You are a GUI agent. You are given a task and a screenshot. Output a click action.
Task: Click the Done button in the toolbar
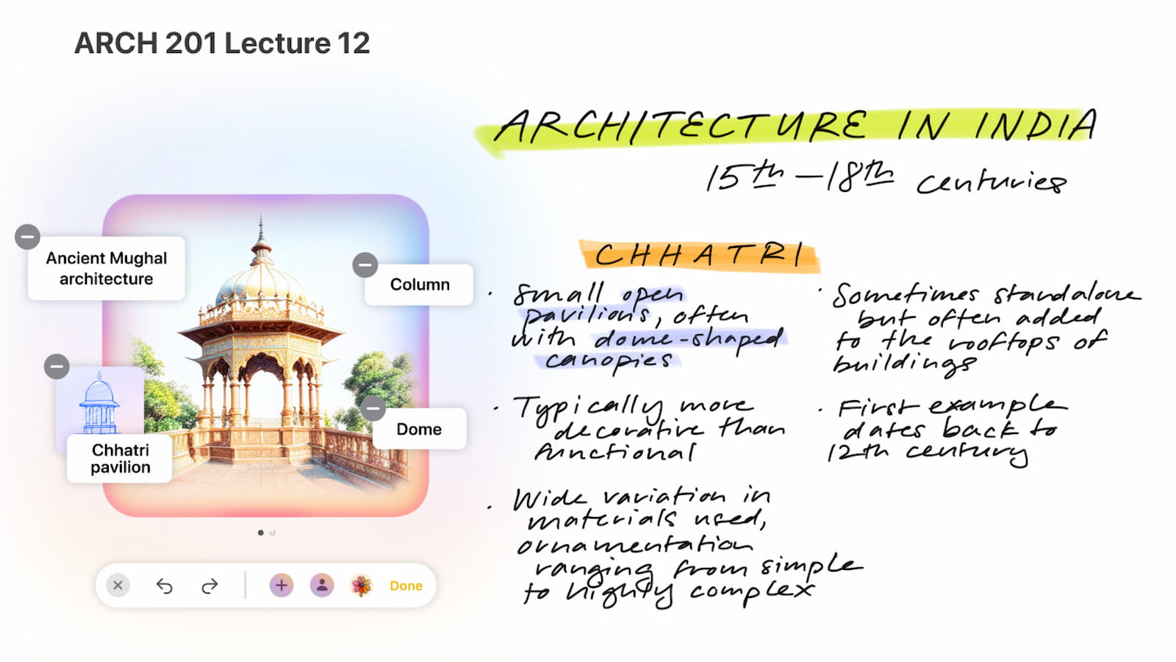[406, 586]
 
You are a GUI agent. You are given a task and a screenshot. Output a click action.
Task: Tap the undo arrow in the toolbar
[165, 586]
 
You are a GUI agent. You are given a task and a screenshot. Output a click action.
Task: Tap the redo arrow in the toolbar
[209, 586]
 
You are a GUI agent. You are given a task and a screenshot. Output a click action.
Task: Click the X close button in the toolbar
[118, 586]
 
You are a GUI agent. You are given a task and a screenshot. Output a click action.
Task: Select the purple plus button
[282, 586]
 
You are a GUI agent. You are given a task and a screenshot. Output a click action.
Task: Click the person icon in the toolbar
[322, 586]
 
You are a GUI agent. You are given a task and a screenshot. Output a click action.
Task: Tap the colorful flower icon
[361, 586]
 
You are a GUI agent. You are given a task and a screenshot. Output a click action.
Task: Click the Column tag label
[420, 284]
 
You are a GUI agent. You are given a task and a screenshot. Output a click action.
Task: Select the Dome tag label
[419, 429]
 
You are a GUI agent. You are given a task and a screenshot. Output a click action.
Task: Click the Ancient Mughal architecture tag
[106, 268]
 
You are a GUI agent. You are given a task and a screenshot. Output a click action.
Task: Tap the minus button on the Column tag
[365, 265]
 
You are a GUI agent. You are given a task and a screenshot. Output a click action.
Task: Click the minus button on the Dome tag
[373, 408]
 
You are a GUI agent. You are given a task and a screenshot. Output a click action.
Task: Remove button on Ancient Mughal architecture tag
[27, 237]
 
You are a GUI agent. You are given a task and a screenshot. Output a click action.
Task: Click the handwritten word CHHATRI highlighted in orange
[699, 256]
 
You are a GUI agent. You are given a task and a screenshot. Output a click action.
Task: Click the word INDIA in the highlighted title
[1036, 126]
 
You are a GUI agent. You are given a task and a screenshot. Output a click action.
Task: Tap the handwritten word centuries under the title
[992, 182]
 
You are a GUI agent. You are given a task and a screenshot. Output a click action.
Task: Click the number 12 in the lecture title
[354, 43]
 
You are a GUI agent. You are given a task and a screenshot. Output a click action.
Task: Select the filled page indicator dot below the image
[261, 533]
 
